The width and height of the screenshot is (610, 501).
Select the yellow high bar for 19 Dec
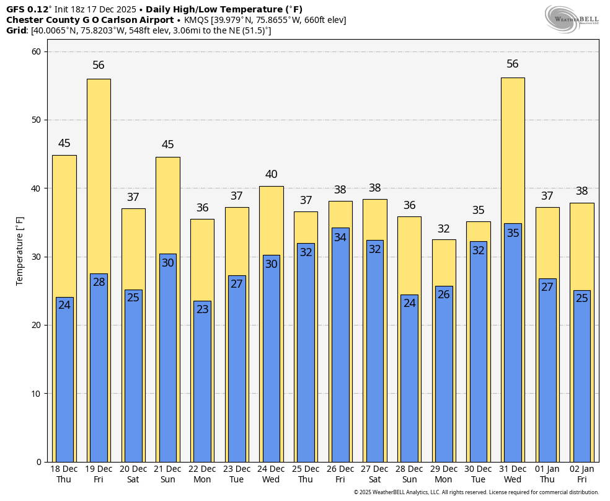(99, 174)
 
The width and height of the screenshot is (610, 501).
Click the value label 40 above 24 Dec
(271, 175)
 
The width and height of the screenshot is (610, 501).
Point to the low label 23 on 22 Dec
(202, 309)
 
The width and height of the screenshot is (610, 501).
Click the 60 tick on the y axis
(36, 51)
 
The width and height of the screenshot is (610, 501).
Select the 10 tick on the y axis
(36, 394)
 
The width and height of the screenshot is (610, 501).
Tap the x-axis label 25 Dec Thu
(306, 474)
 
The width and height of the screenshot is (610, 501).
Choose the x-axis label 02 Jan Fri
(581, 474)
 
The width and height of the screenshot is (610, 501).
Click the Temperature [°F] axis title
(20, 250)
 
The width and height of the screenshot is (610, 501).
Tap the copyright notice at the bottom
(476, 492)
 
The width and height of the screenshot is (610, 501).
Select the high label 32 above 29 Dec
(443, 229)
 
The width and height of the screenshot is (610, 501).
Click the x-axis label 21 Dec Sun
(167, 474)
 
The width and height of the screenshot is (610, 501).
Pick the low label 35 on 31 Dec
(513, 233)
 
